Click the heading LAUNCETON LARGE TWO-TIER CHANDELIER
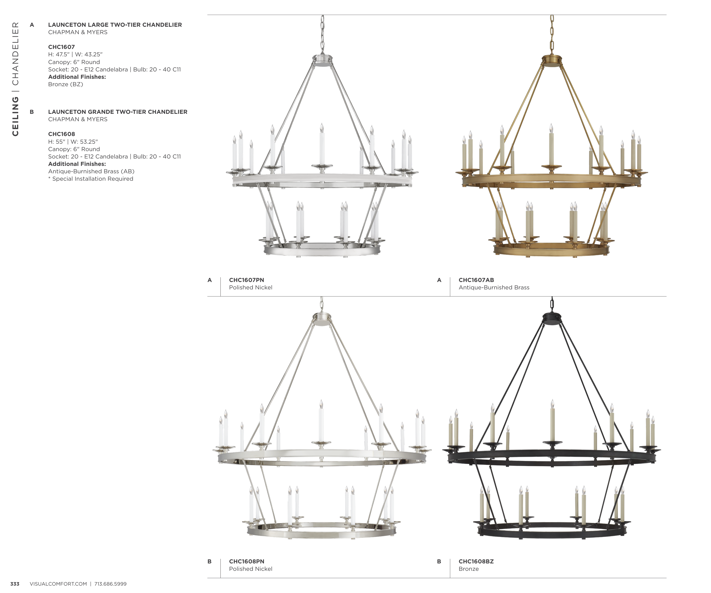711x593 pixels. click(115, 25)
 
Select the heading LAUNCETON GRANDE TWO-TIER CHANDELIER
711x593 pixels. click(118, 112)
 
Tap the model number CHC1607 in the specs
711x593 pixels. click(61, 47)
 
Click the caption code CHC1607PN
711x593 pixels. click(247, 280)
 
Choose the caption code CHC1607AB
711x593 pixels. click(476, 280)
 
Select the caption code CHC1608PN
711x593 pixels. click(247, 561)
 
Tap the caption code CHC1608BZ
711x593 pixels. click(476, 561)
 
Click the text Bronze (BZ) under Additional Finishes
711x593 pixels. click(66, 84)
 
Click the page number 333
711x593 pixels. click(15, 584)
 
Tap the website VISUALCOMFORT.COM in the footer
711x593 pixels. click(58, 584)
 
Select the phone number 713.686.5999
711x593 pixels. click(110, 584)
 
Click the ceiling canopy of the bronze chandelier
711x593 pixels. click(552, 318)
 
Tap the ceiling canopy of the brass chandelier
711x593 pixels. click(552, 61)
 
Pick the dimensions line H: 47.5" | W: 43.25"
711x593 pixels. click(75, 55)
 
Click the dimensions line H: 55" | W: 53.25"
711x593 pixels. click(73, 141)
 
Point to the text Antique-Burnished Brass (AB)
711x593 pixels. click(91, 171)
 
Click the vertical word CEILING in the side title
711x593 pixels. click(15, 116)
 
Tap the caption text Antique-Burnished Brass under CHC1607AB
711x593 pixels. click(494, 287)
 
